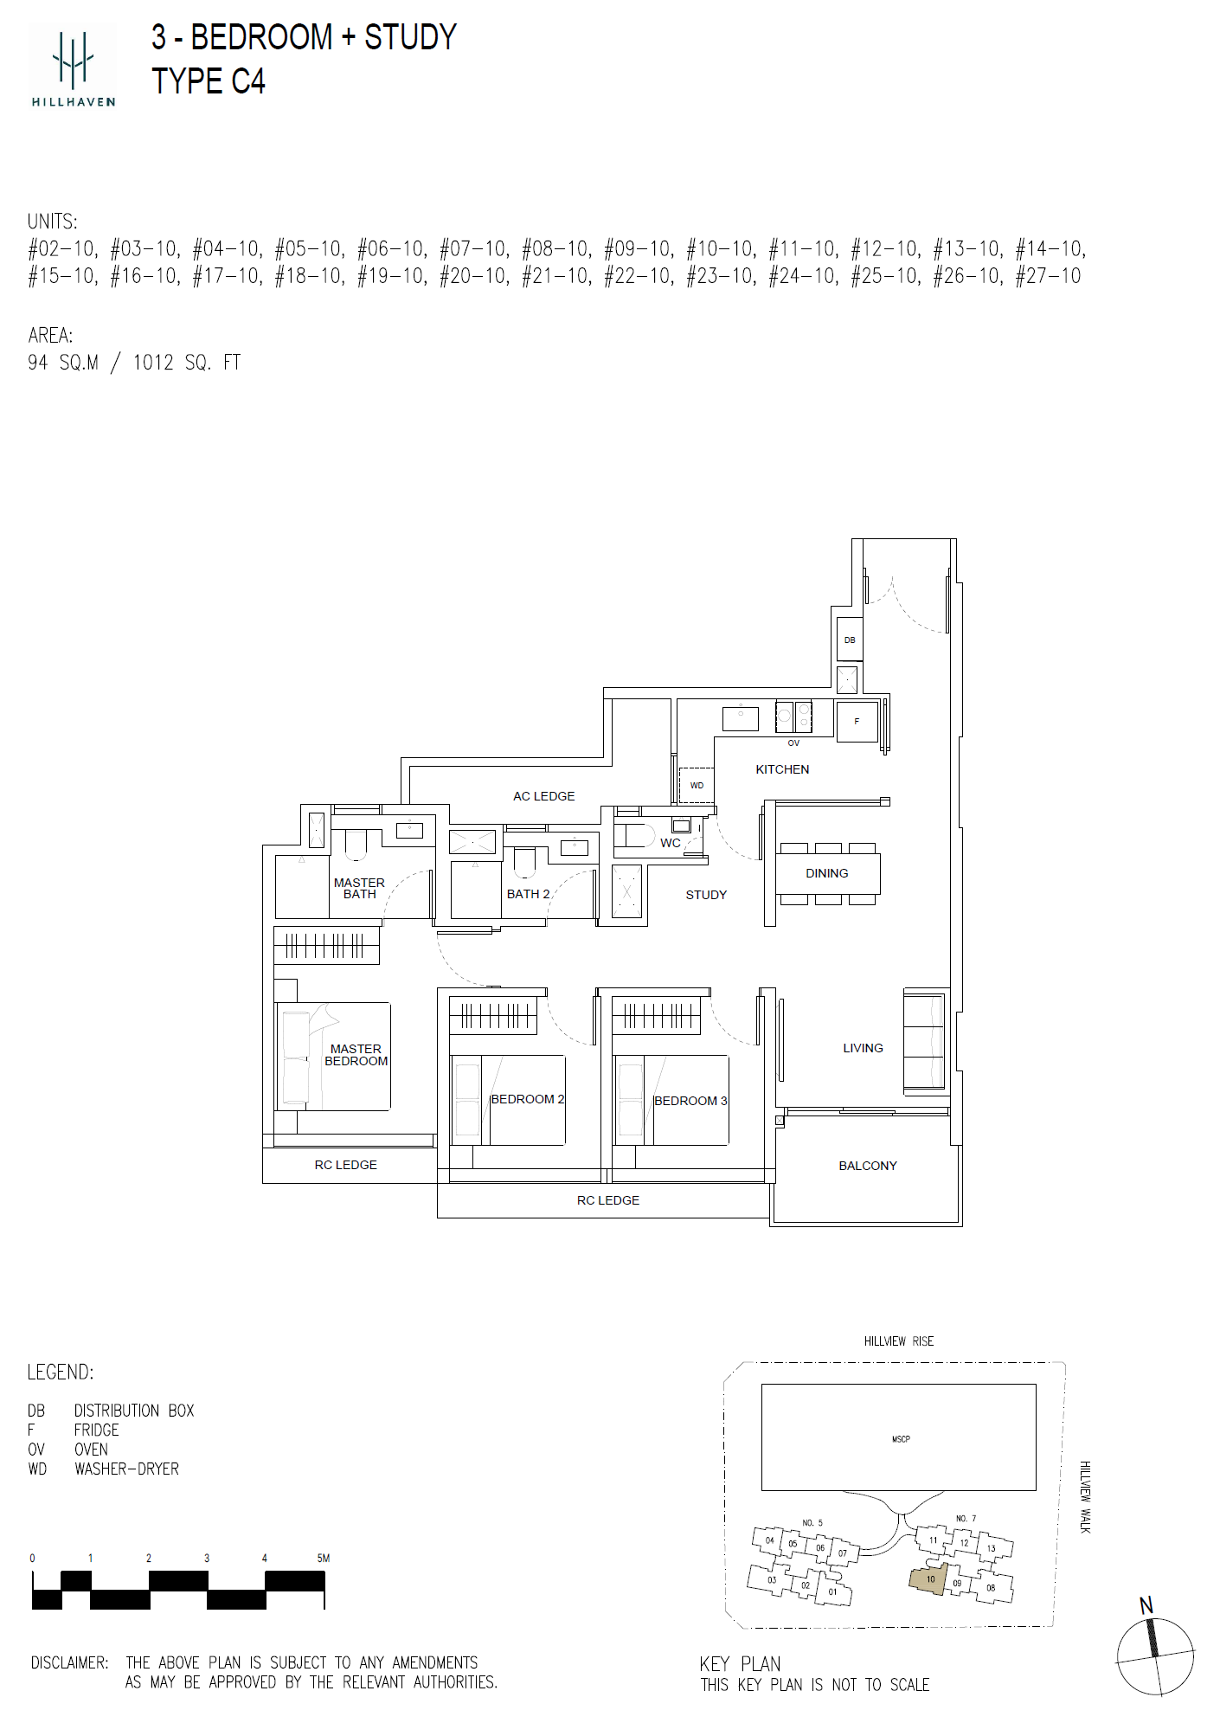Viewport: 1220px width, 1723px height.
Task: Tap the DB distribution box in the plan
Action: pyautogui.click(x=850, y=640)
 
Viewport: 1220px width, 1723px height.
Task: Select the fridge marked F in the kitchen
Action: pyautogui.click(x=857, y=721)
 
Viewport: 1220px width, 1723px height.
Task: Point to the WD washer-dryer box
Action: pyautogui.click(x=697, y=785)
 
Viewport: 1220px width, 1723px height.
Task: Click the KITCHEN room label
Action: pyautogui.click(x=782, y=769)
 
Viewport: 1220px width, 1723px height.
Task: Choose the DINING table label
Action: pyautogui.click(x=826, y=873)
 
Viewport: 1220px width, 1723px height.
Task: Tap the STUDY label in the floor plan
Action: pyautogui.click(x=706, y=895)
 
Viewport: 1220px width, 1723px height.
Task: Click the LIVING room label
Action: pyautogui.click(x=863, y=1048)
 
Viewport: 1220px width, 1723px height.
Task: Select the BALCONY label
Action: pyautogui.click(x=868, y=1166)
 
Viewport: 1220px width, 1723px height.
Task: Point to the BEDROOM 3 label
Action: pyautogui.click(x=690, y=1101)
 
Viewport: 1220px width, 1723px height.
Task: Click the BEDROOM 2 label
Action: pyautogui.click(x=527, y=1099)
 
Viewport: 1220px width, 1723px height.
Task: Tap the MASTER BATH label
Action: pyautogui.click(x=359, y=889)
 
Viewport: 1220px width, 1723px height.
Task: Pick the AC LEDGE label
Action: pyautogui.click(x=543, y=796)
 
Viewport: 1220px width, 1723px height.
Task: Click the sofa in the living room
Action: pyautogui.click(x=924, y=1041)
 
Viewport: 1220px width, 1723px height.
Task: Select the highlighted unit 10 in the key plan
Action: pyautogui.click(x=929, y=1578)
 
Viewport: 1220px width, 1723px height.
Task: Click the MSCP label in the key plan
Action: pyautogui.click(x=901, y=1439)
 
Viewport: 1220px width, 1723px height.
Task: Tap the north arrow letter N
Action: pyautogui.click(x=1146, y=1605)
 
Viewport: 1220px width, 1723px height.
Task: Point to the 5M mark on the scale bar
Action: pyautogui.click(x=324, y=1558)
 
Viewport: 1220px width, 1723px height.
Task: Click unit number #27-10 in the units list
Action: pyautogui.click(x=1049, y=276)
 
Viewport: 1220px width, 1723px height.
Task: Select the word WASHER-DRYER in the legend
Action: pyautogui.click(x=126, y=1469)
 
